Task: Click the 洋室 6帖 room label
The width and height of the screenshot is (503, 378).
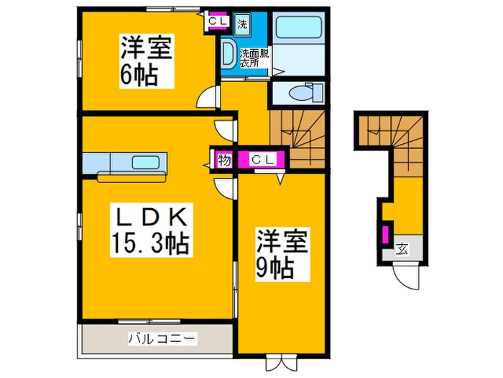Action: pyautogui.click(x=146, y=63)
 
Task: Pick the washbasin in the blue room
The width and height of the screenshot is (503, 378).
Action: pyautogui.click(x=227, y=53)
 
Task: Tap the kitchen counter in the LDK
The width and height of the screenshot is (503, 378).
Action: pyautogui.click(x=126, y=163)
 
